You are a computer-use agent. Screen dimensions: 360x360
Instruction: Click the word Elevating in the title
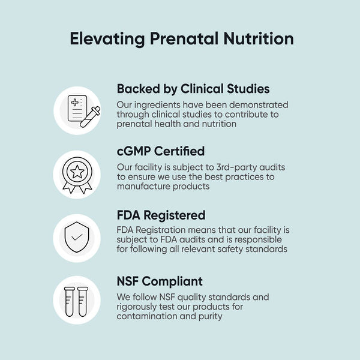(106, 39)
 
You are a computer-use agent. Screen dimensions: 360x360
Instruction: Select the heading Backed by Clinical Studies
(193, 89)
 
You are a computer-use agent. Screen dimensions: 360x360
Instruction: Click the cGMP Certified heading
(161, 151)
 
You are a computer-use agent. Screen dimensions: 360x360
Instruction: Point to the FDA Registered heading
(161, 215)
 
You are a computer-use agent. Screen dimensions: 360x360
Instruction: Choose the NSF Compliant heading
(160, 281)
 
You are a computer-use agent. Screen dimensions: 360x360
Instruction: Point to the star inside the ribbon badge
(77, 172)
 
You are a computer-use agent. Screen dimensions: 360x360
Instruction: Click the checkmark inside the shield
(77, 238)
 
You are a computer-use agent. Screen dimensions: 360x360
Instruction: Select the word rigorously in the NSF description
(139, 307)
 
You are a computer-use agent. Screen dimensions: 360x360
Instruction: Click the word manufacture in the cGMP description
(145, 187)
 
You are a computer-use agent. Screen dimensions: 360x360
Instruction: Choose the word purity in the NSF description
(209, 317)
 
